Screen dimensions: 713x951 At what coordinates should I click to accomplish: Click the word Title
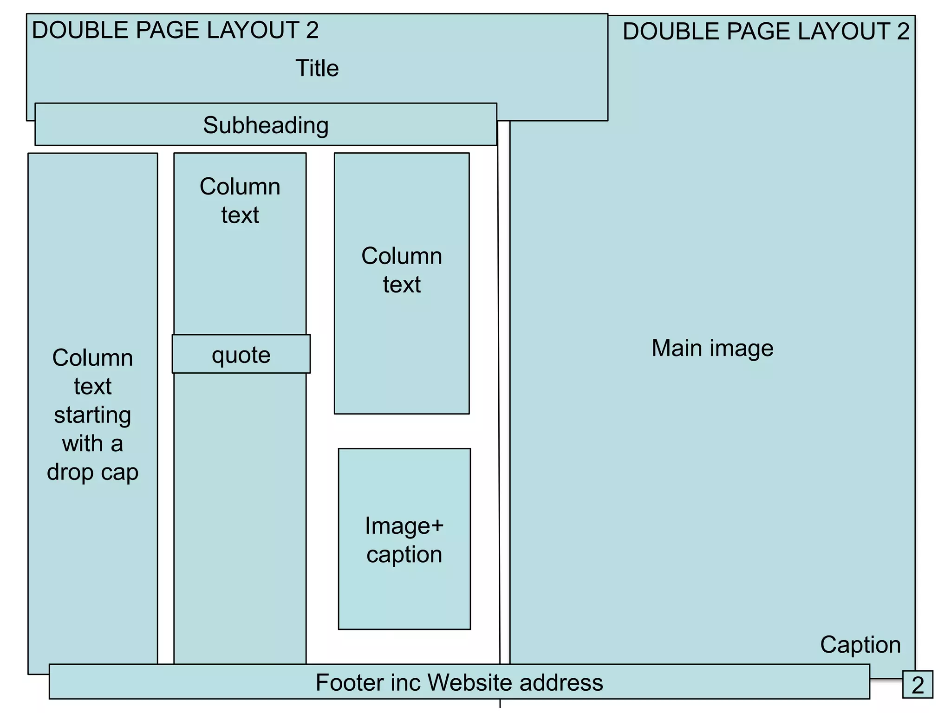coord(317,68)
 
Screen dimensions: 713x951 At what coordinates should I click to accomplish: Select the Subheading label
coord(266,125)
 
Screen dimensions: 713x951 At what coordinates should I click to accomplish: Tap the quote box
coord(241,355)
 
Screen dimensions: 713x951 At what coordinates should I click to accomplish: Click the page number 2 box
coord(918,685)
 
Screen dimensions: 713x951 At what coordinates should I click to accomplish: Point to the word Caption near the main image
coord(860,645)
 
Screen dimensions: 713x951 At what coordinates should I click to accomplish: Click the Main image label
coord(712,348)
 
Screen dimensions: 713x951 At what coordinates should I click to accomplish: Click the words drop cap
coord(92,473)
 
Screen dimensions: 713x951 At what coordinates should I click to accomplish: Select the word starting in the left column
coord(92,415)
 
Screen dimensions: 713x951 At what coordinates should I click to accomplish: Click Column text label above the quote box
coord(240,201)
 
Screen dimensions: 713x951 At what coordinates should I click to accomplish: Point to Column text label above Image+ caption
coord(402,270)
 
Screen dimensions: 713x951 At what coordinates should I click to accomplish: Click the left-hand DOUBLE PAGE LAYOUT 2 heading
coord(175,31)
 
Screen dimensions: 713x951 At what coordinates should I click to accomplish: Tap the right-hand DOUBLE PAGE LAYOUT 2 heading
coord(766,32)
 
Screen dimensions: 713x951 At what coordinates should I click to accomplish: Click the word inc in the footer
coord(406,683)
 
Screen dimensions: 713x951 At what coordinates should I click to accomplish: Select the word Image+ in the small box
coord(404,526)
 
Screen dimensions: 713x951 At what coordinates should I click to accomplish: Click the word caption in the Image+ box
coord(404,555)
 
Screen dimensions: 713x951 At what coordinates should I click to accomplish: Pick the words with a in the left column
coord(92,444)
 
